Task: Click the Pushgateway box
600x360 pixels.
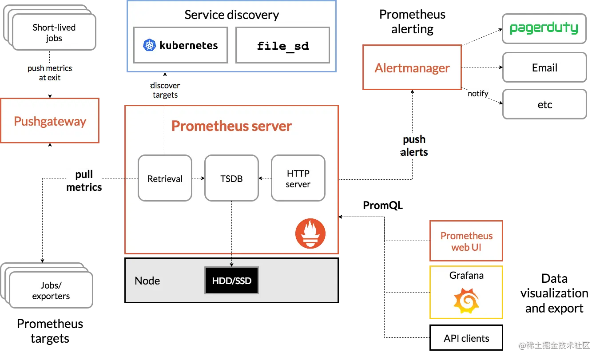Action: coord(50,121)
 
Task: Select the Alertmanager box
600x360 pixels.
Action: coord(412,68)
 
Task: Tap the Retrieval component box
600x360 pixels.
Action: coord(165,178)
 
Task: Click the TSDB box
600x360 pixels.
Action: coord(231,178)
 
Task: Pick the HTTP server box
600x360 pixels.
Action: coord(298,178)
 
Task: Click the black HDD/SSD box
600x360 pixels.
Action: coord(231,281)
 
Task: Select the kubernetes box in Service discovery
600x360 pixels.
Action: coord(181,45)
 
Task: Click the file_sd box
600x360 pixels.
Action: coord(282,45)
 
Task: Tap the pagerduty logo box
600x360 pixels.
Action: coord(544,29)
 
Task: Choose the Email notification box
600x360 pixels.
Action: coord(544,68)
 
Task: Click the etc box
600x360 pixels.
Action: coord(544,105)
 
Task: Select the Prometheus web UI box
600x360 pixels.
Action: coord(466,241)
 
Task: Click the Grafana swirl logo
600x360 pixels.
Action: coord(466,301)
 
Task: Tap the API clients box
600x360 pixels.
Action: coord(466,338)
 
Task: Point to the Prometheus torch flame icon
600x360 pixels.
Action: coord(310,233)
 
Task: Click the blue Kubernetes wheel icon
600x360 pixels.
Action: coord(149,45)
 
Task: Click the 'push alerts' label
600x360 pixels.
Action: coord(414,146)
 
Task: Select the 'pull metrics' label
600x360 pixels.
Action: coord(84,181)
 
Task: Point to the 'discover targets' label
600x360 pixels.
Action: coord(165,90)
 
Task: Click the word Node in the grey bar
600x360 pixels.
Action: coord(147,281)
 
